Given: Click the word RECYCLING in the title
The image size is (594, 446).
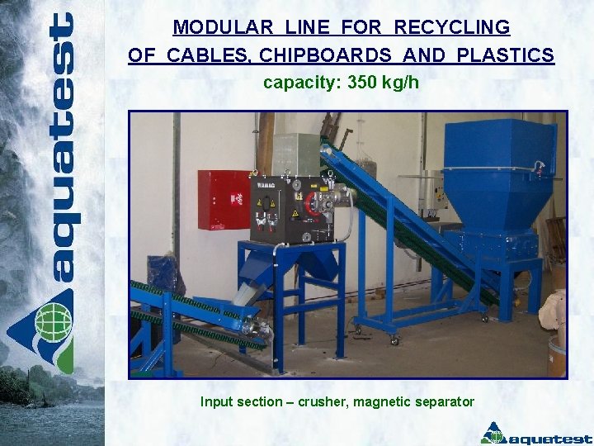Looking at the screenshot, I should [451, 27].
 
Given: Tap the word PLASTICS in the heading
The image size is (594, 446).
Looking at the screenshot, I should [511, 55].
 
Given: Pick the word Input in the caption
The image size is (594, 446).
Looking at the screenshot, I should [218, 402].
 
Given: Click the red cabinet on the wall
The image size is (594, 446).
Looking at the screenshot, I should [223, 199].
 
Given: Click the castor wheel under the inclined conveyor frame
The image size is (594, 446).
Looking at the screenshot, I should [394, 339].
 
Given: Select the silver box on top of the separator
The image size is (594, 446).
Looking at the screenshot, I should [295, 154].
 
